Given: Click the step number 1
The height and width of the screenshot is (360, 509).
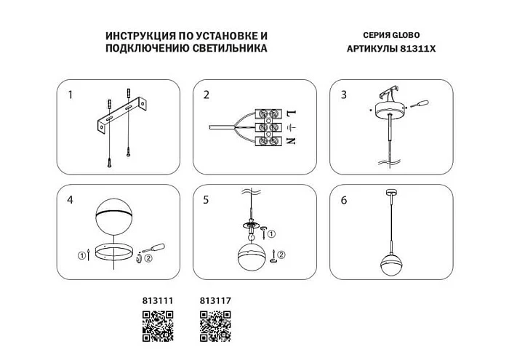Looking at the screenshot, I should coord(70,95).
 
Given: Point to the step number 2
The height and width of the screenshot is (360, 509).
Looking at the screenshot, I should coord(207,95).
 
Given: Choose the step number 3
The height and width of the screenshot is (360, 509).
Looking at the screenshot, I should coord(343,95).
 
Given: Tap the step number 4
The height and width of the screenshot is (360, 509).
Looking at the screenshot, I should coord(70,199).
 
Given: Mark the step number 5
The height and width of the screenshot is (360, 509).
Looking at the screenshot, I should coord(207,199).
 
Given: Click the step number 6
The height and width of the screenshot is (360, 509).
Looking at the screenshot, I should coord(343,199).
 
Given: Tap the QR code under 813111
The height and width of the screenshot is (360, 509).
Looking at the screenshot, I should coord(156,325).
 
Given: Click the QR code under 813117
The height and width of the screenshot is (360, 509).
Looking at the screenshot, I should coord(215,325).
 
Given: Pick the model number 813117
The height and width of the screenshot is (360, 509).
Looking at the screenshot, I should coord(215,300).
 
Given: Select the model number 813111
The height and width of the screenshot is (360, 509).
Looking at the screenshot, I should coord(156,300).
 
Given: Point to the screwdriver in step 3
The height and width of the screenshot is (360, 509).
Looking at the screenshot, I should coord(420,105).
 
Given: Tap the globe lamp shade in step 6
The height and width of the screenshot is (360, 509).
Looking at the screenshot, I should coord(393,260).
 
